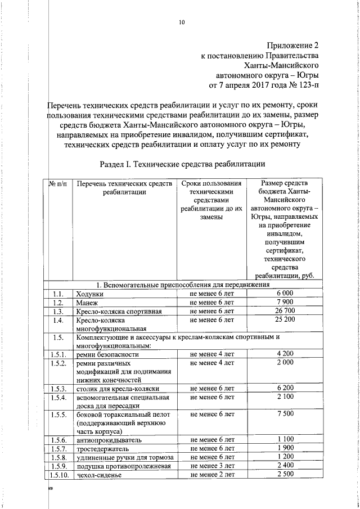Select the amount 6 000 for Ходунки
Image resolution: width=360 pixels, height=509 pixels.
[285, 294]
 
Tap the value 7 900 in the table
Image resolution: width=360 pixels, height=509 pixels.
[285, 303]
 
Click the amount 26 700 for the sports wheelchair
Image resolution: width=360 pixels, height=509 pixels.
[285, 311]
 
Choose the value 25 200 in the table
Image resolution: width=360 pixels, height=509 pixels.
[285, 320]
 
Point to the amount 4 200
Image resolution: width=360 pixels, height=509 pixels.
[285, 354]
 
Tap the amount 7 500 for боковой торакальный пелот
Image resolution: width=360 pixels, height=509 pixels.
[285, 414]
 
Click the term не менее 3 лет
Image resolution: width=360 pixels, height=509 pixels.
[211, 466]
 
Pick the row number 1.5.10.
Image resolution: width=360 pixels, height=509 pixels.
[58, 475]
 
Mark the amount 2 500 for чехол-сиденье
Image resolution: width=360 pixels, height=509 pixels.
[285, 475]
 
